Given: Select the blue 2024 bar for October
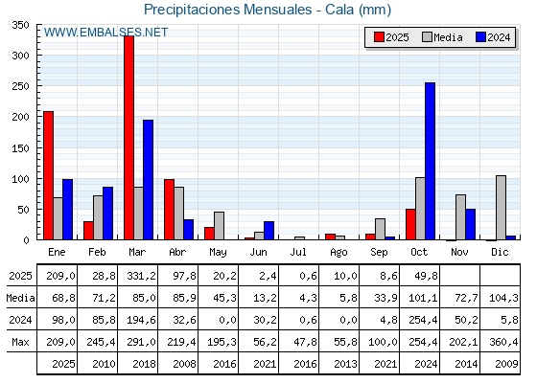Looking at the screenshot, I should tap(430, 161).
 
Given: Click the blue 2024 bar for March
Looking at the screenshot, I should tap(148, 180).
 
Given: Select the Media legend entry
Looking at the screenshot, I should tap(442, 37).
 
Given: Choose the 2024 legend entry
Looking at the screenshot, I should tap(493, 37).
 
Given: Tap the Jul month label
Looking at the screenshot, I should tap(299, 251).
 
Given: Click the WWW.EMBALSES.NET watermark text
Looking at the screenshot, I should tap(105, 33).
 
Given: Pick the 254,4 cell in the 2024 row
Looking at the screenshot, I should tap(420, 320).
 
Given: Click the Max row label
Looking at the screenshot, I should tap(19, 342).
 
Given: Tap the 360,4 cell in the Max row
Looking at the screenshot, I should tap(501, 342).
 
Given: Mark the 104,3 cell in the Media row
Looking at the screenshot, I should tap(501, 298).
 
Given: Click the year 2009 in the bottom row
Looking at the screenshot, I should tap(501, 364).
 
